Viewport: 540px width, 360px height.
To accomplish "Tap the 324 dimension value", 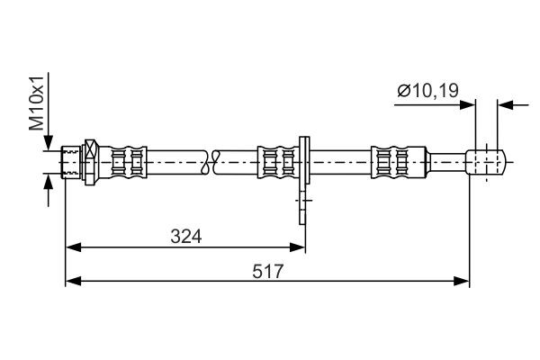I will pos(185,236).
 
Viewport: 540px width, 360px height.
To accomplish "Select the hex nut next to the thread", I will pos(90,163).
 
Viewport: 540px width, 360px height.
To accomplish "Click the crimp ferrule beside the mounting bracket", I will pos(277,163).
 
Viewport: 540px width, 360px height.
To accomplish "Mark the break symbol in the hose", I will pos(213,163).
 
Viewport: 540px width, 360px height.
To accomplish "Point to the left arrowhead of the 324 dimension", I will pos(74,245).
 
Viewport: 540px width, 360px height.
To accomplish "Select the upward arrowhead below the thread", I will pos(47,183).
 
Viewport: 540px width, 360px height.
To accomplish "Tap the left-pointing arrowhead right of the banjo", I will pos(506,104).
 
